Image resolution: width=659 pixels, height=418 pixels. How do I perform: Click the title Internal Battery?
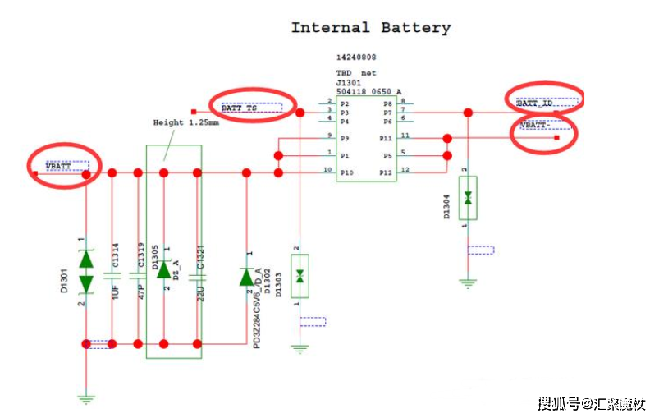[371, 28]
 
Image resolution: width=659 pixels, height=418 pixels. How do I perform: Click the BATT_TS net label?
[240, 108]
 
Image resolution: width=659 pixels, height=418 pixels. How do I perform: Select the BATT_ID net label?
[534, 103]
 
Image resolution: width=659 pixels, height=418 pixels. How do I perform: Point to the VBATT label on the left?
[58, 167]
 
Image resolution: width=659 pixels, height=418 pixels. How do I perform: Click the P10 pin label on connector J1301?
[346, 172]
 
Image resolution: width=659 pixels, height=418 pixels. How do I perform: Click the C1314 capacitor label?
[116, 257]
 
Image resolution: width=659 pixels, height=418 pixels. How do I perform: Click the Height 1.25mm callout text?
[186, 122]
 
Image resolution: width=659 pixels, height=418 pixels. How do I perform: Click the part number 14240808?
[356, 58]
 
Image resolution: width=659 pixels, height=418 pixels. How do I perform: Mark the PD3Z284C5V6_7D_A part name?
[257, 308]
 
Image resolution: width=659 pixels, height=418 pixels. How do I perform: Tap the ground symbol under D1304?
[468, 282]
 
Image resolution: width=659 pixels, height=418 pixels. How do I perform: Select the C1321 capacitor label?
[201, 257]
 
